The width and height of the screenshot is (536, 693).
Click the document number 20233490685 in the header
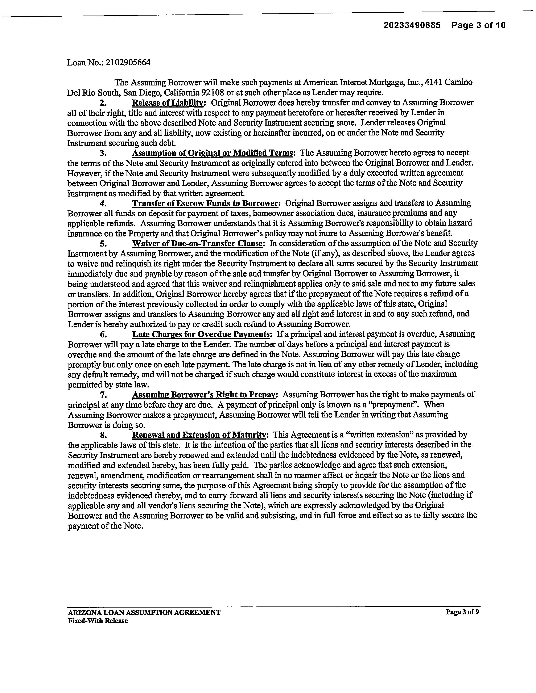pos(412,25)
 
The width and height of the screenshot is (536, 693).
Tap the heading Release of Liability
pos(167,103)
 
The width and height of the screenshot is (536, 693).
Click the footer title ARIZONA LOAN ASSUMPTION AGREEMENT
pos(144,612)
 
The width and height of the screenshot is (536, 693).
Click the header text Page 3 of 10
pos(478,25)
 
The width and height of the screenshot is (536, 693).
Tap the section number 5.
pos(103,244)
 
